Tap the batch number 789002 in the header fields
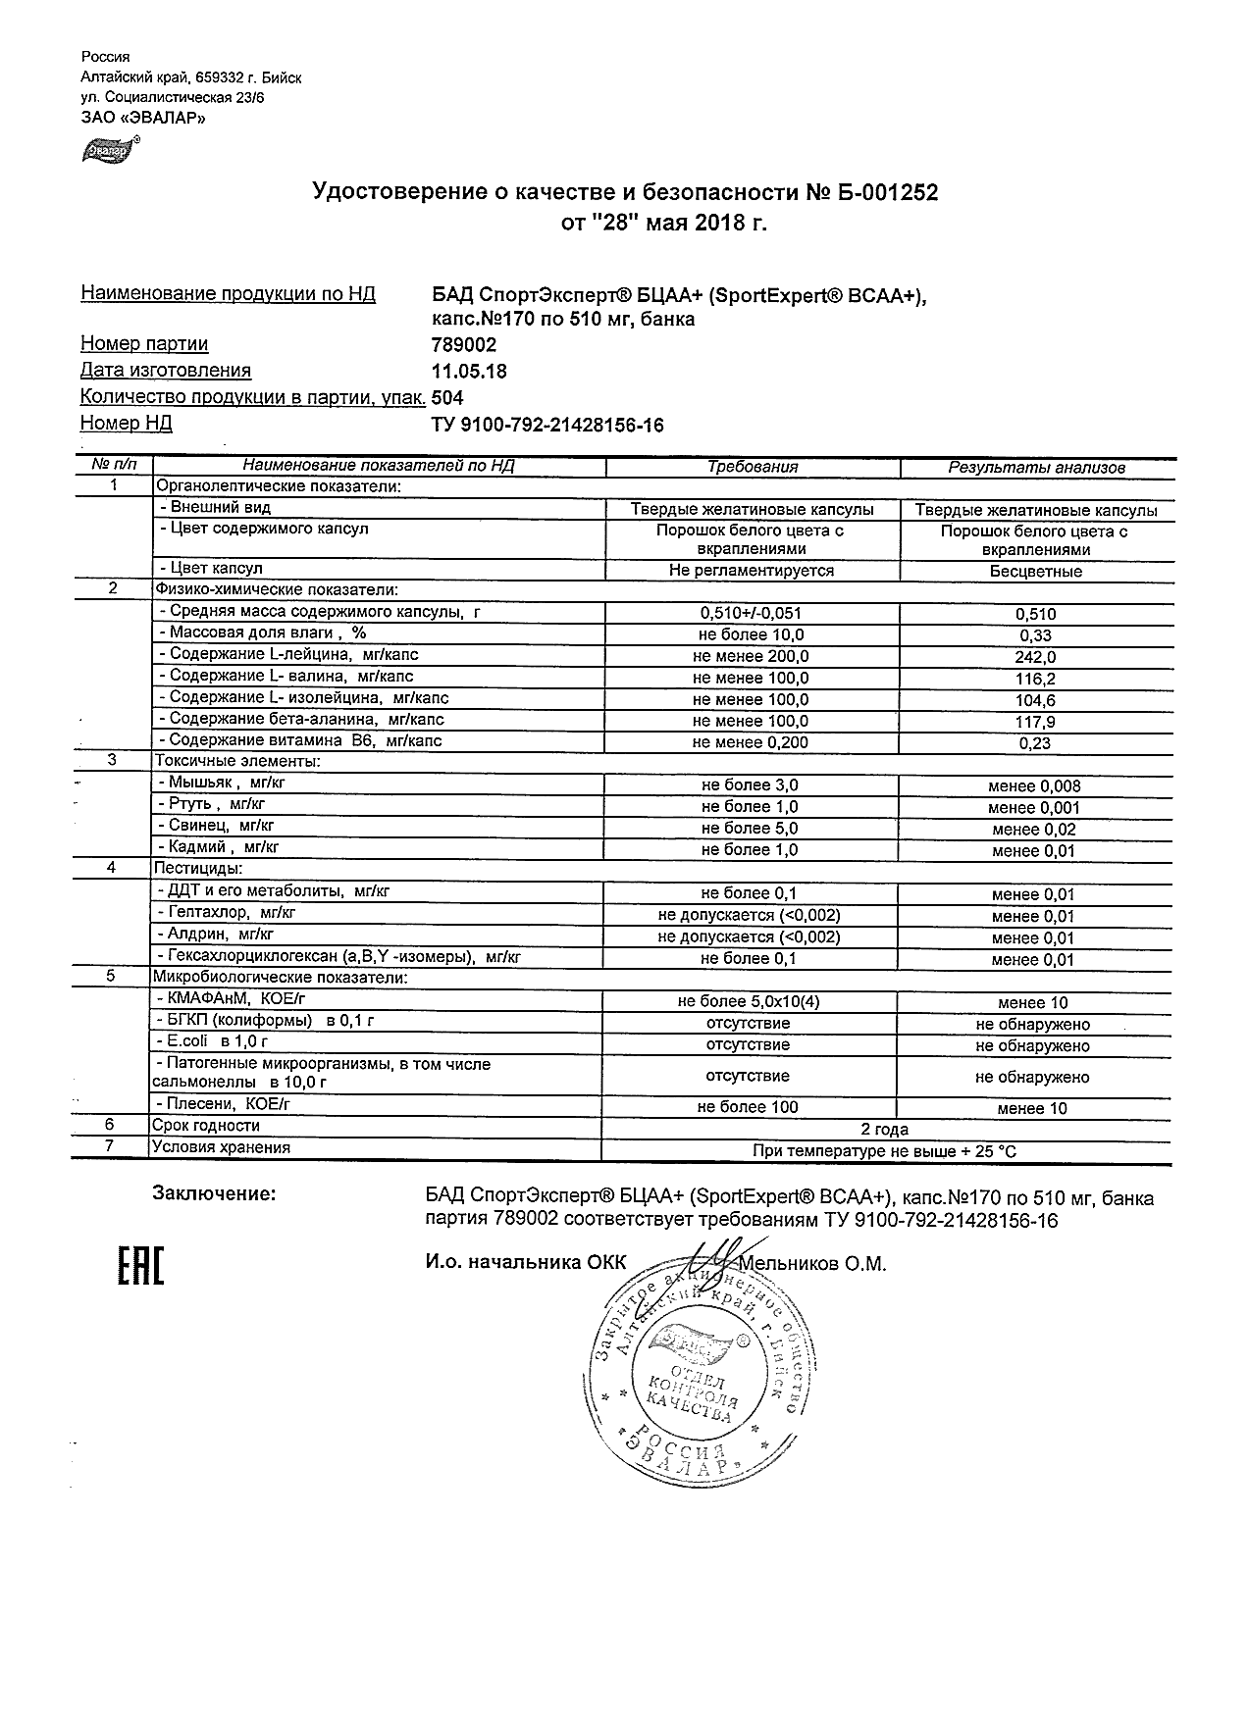coord(464,345)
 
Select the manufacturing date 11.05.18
coord(469,372)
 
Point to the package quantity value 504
coord(447,398)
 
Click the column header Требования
coord(753,468)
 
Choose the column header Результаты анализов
coord(1036,469)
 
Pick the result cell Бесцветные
coord(1035,571)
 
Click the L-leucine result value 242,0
coord(1035,657)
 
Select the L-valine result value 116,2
coord(1035,679)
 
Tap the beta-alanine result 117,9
coord(1035,722)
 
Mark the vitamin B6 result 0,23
coord(1035,743)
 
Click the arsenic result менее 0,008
coord(1035,786)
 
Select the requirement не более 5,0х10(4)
coord(749,1002)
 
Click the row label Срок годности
coord(206,1126)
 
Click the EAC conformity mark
coord(140,1265)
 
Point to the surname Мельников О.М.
coord(814,1264)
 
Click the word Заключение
coord(214,1194)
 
